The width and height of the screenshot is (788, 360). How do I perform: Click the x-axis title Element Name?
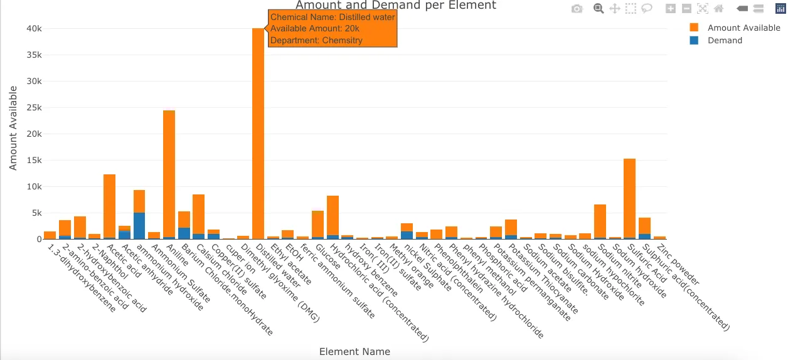354,351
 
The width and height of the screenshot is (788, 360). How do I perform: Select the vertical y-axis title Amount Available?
13,128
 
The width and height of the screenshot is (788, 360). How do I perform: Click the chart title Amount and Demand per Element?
395,6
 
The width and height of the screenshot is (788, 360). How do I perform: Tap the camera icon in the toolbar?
577,9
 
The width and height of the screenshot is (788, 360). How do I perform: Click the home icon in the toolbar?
718,9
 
